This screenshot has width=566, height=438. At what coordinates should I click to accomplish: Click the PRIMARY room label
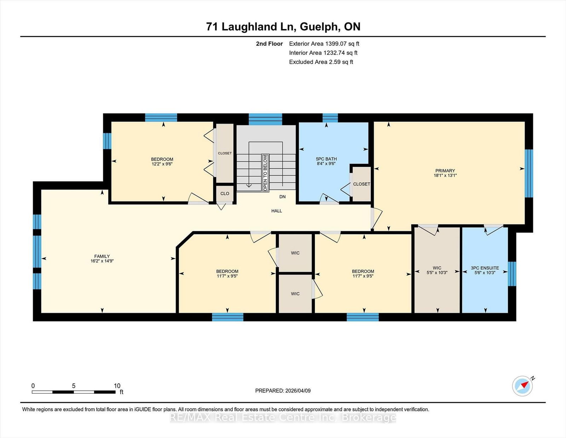445,171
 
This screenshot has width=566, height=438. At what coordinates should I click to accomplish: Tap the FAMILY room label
102,256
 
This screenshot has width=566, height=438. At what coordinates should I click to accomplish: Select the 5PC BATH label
326,159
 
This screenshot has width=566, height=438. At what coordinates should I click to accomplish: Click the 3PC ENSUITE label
485,268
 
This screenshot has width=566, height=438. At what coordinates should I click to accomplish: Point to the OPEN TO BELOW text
265,173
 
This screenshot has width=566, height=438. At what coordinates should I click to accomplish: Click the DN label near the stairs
282,197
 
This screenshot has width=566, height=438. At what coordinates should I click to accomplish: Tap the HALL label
277,211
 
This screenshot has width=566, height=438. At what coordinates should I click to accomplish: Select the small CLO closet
225,194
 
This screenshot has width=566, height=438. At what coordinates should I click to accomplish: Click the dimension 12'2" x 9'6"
162,164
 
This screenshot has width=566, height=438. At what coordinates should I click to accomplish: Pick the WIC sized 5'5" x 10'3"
437,270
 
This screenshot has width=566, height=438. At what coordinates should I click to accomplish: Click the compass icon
522,386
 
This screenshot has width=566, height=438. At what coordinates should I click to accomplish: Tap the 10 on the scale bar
117,386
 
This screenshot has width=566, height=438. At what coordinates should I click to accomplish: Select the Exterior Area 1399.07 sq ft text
324,44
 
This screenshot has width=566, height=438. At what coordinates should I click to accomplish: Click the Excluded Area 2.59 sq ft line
321,62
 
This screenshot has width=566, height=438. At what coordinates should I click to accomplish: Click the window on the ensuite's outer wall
512,274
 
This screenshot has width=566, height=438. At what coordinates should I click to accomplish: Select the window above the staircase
265,119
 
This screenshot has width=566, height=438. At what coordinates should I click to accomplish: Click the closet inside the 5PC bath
361,184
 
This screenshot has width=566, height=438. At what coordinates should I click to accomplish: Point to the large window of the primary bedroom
529,173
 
